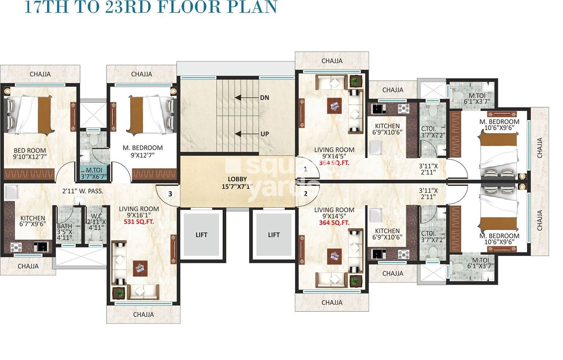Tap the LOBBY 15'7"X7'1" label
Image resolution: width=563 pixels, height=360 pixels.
pyautogui.click(x=237, y=183)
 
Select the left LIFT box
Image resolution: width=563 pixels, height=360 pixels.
pyautogui.click(x=201, y=235)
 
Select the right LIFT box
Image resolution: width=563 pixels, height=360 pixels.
pyautogui.click(x=273, y=235)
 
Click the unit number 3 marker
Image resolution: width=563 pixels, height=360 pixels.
pyautogui.click(x=170, y=194)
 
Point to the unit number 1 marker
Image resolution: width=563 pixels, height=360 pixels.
pyautogui.click(x=305, y=169)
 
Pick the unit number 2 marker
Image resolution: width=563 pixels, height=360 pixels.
pyautogui.click(x=305, y=194)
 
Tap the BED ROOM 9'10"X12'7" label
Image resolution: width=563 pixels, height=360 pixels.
pyautogui.click(x=30, y=154)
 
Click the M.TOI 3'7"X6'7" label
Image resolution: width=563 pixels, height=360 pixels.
pyautogui.click(x=94, y=173)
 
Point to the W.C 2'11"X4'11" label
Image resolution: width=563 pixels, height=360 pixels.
pyautogui.click(x=96, y=221)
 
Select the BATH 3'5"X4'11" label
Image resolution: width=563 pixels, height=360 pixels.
pyautogui.click(x=64, y=232)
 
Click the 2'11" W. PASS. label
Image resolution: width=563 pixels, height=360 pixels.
pyautogui.click(x=83, y=191)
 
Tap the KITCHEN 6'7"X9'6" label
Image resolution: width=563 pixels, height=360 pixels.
pyautogui.click(x=33, y=221)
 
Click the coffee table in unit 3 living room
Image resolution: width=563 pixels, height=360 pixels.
pyautogui.click(x=140, y=268)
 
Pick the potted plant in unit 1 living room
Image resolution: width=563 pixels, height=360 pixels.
pyautogui.click(x=355, y=81)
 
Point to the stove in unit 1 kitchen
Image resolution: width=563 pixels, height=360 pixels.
pyautogui.click(x=403, y=108)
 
